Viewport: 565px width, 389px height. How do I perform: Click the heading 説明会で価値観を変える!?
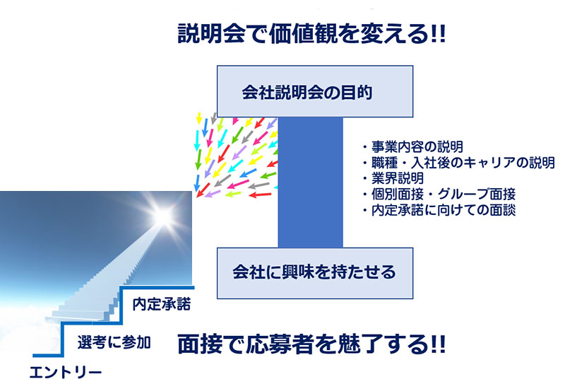click(312, 34)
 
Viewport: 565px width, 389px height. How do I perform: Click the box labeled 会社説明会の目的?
click(315, 91)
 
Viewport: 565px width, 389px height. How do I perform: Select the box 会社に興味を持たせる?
click(315, 273)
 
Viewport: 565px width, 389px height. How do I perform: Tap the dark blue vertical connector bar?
click(310, 182)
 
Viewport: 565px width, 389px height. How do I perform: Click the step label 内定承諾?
click(162, 304)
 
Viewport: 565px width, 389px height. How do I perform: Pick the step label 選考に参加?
click(114, 342)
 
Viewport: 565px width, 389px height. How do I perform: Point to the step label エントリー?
click(66, 373)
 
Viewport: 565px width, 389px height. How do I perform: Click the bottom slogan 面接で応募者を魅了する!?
click(312, 344)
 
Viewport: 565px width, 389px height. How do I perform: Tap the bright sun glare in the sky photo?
click(162, 216)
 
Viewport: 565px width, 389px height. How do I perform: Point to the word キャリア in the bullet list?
click(489, 163)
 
